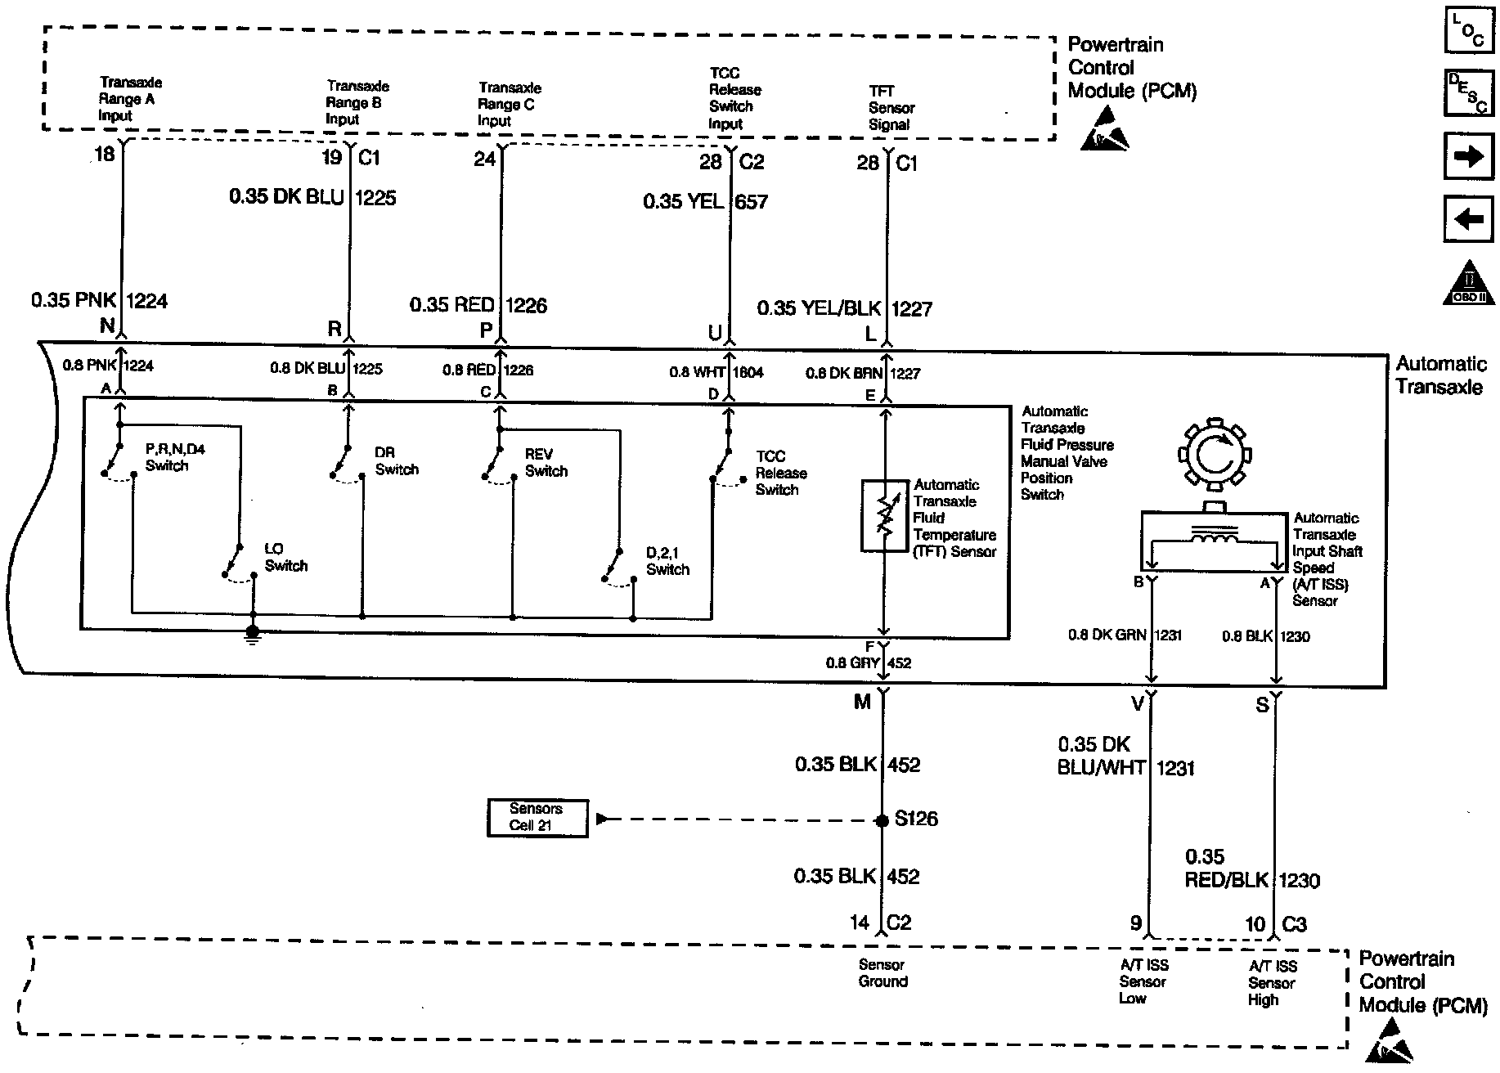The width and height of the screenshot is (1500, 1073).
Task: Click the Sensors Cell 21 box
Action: (x=537, y=817)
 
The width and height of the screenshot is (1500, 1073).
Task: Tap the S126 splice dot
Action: (x=882, y=819)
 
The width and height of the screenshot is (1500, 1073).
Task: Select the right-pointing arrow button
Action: (x=1468, y=156)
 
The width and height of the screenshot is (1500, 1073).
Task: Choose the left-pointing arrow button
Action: (x=1468, y=219)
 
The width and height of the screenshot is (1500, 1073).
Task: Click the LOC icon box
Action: (x=1468, y=31)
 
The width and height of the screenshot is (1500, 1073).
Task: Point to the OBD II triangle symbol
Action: (x=1468, y=285)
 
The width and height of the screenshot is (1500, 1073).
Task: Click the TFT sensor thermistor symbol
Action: (x=883, y=515)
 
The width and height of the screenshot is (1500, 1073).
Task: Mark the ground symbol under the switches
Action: (x=253, y=633)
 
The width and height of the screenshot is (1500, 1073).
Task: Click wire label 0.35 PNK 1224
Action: (x=99, y=301)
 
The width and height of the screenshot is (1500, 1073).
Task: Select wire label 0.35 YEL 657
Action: (x=705, y=201)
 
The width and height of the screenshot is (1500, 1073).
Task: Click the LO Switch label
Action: (x=285, y=557)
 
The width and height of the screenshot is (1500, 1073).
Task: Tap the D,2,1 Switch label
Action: (x=667, y=561)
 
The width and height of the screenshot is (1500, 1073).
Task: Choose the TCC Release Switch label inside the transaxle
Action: (x=780, y=473)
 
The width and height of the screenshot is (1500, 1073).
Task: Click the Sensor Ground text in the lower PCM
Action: (x=882, y=973)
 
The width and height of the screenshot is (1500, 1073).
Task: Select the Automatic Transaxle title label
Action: (x=1440, y=375)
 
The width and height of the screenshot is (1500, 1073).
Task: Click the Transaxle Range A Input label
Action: (x=130, y=99)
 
